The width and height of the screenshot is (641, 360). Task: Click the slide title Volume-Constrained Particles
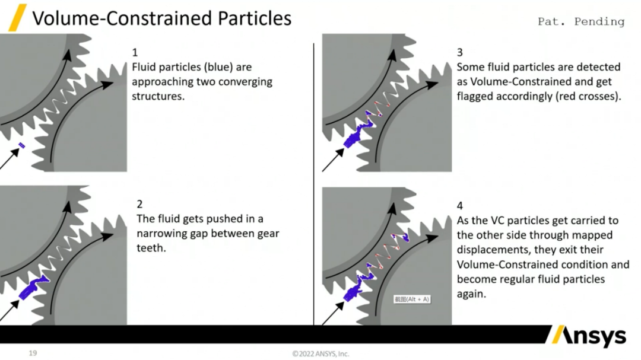(161, 18)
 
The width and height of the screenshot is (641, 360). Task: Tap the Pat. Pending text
(580, 21)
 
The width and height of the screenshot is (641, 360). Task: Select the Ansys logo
(588, 336)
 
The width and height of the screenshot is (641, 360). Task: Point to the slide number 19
(33, 353)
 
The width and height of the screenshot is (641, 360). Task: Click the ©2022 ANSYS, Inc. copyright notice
(320, 354)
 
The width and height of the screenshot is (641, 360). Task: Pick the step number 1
(135, 53)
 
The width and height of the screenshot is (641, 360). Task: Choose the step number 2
(140, 204)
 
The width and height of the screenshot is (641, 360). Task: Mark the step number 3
(460, 52)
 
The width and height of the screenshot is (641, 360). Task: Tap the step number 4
(460, 206)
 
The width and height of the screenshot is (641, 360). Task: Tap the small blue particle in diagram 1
(21, 145)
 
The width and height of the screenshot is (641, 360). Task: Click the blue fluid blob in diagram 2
(33, 287)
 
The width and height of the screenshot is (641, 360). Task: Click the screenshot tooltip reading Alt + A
(412, 299)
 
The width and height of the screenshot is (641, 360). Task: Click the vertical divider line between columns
(314, 184)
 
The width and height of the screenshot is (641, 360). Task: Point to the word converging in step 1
(244, 81)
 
